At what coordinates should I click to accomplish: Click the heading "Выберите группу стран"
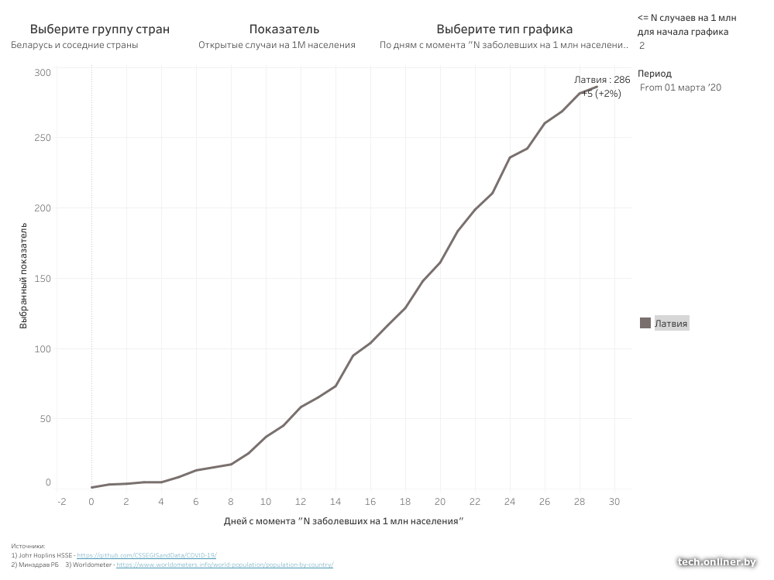[100, 29]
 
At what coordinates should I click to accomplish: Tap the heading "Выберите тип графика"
[504, 29]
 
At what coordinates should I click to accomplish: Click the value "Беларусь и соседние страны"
[74, 45]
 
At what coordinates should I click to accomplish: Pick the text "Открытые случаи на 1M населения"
[277, 45]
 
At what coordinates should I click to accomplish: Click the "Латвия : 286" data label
[602, 80]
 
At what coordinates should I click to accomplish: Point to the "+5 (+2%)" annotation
[601, 94]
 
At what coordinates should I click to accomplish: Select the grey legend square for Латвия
[645, 324]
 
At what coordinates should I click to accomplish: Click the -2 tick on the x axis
[62, 501]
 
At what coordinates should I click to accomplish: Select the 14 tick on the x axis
[335, 501]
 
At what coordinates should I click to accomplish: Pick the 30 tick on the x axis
[614, 501]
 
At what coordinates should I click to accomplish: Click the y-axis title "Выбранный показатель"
[24, 276]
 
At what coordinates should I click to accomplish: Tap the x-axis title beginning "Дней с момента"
[343, 521]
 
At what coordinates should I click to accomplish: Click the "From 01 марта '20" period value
[680, 88]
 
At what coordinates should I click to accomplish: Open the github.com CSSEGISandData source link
[146, 555]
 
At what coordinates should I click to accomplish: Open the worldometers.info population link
[225, 565]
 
